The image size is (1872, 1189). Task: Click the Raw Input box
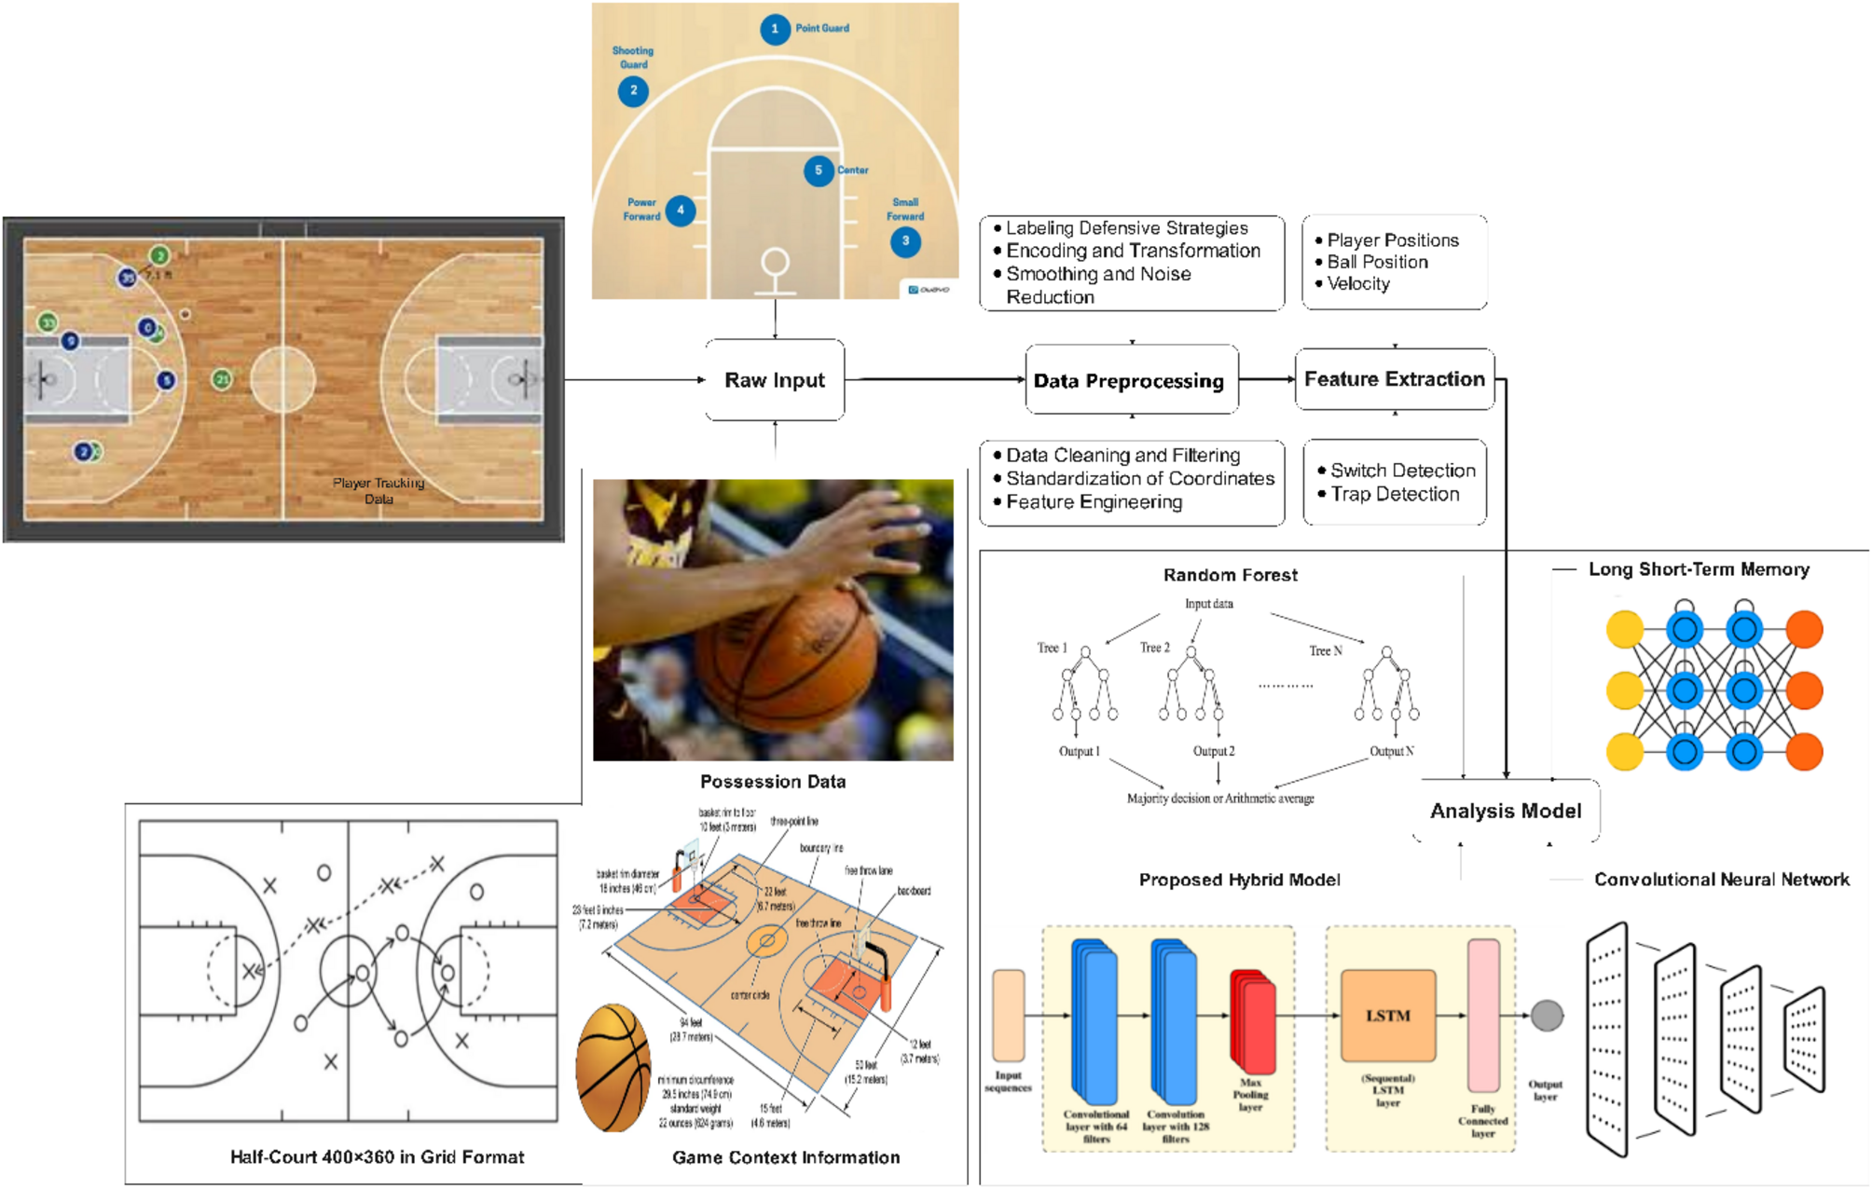tap(775, 380)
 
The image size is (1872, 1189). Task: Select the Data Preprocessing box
tap(1129, 380)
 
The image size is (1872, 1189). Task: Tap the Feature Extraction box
tap(1394, 379)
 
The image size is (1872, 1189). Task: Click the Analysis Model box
tap(1506, 811)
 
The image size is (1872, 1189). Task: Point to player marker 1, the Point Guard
tap(775, 29)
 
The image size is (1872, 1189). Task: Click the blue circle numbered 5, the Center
tap(819, 171)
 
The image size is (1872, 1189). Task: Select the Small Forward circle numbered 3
tap(905, 241)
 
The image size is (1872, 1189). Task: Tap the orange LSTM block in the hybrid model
tap(1387, 1015)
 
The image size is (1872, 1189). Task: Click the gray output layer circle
tap(1547, 1016)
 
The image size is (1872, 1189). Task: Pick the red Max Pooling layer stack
tap(1253, 1021)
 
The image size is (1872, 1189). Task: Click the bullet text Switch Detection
tap(1402, 471)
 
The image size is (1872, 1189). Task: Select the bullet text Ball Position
tap(1377, 262)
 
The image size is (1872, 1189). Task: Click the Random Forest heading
tap(1230, 575)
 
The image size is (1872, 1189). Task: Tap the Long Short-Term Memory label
tap(1699, 569)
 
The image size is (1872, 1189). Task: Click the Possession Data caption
tap(773, 782)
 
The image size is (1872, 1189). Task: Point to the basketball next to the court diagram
tap(613, 1068)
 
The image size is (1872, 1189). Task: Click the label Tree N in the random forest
tap(1325, 650)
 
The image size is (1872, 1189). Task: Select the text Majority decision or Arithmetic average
tap(1220, 799)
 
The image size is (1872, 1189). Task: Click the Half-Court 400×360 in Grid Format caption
tap(377, 1156)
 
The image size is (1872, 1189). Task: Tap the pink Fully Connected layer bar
tap(1483, 1015)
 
